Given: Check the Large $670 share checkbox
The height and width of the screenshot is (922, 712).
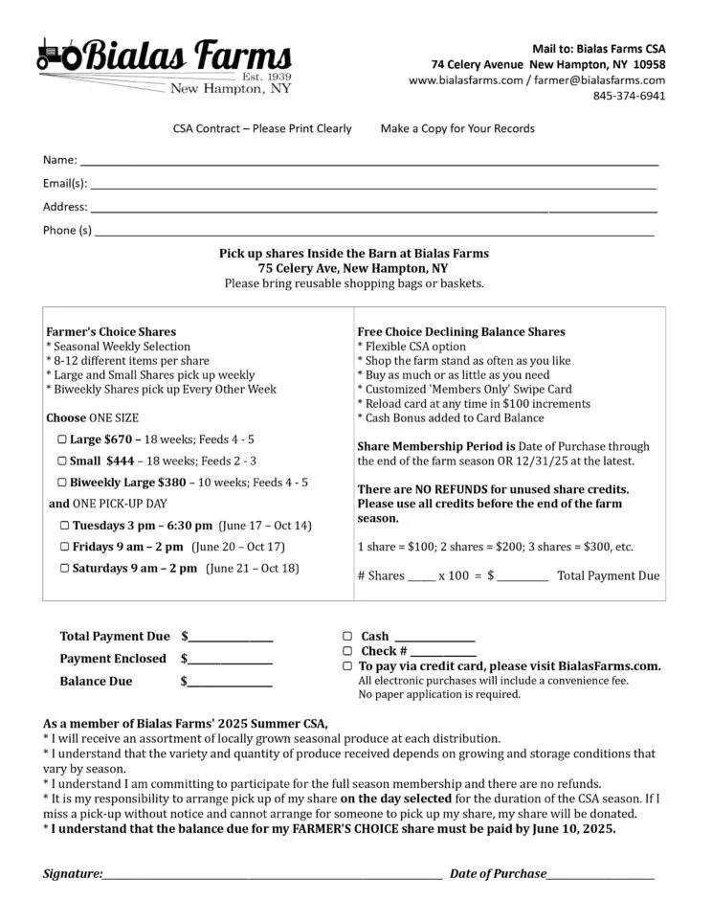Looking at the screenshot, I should pyautogui.click(x=62, y=439).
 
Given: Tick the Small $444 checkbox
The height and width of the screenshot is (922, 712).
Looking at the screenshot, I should pyautogui.click(x=62, y=461).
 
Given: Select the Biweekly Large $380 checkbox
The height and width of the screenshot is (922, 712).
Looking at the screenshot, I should pyautogui.click(x=62, y=483).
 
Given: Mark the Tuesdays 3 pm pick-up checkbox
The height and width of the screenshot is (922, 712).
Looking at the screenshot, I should pyautogui.click(x=65, y=526).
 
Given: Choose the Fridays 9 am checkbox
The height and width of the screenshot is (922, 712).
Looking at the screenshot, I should pyautogui.click(x=65, y=547).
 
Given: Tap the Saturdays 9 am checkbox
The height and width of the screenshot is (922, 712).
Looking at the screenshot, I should pyautogui.click(x=65, y=569).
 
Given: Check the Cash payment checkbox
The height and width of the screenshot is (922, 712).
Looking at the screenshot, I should pyautogui.click(x=346, y=636).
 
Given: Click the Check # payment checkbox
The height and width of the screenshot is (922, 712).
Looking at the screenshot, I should pyautogui.click(x=346, y=651).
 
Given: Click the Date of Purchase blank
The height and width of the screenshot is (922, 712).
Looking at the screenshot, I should pyautogui.click(x=601, y=875).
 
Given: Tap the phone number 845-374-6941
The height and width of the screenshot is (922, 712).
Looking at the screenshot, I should pyautogui.click(x=629, y=96).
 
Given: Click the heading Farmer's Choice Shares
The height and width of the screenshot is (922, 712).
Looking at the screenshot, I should pyautogui.click(x=111, y=332).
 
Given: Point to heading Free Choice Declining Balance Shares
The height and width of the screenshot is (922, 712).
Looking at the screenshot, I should pyautogui.click(x=460, y=332).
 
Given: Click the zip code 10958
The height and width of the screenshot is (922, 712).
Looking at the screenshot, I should pyautogui.click(x=650, y=64).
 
